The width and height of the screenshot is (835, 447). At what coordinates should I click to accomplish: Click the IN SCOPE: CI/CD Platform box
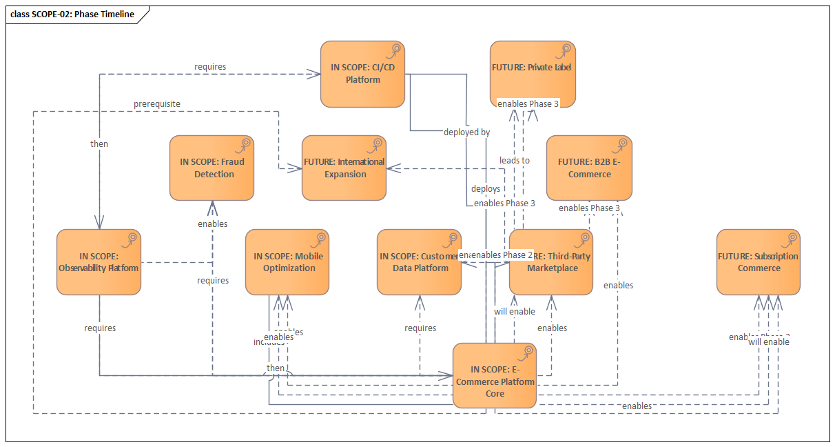pyautogui.click(x=362, y=74)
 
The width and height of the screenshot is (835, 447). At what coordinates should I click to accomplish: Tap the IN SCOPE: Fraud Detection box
pyautogui.click(x=212, y=168)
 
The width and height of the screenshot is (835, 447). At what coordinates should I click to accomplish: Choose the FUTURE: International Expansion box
pyautogui.click(x=344, y=168)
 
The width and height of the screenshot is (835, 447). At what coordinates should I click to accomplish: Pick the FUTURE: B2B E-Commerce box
pyautogui.click(x=589, y=168)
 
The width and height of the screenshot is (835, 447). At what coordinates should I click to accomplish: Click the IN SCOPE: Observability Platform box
pyautogui.click(x=99, y=262)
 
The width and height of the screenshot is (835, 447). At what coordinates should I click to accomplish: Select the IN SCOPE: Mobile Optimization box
pyautogui.click(x=287, y=262)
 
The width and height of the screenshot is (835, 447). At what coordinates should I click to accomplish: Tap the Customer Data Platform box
pyautogui.click(x=419, y=262)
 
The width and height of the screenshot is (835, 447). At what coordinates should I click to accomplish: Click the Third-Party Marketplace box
pyautogui.click(x=551, y=262)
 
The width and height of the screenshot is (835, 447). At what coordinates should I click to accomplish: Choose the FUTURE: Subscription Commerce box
pyautogui.click(x=758, y=262)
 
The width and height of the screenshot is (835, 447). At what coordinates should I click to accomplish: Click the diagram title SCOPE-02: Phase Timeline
pyautogui.click(x=72, y=14)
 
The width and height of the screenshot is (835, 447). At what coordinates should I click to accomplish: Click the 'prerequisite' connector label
pyautogui.click(x=157, y=104)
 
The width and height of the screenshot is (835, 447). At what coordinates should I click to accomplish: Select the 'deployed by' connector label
pyautogui.click(x=466, y=132)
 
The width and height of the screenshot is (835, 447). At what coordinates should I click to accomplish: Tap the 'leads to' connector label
pyautogui.click(x=515, y=160)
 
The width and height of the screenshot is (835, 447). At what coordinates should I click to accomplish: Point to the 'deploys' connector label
pyautogui.click(x=486, y=188)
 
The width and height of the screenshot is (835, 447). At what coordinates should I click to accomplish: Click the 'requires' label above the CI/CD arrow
pyautogui.click(x=210, y=67)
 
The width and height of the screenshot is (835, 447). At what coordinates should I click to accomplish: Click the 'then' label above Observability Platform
pyautogui.click(x=99, y=144)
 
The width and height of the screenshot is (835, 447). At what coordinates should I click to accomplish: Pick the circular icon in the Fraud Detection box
pyautogui.click(x=245, y=144)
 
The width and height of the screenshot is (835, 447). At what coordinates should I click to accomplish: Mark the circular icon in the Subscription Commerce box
pyautogui.click(x=791, y=239)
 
